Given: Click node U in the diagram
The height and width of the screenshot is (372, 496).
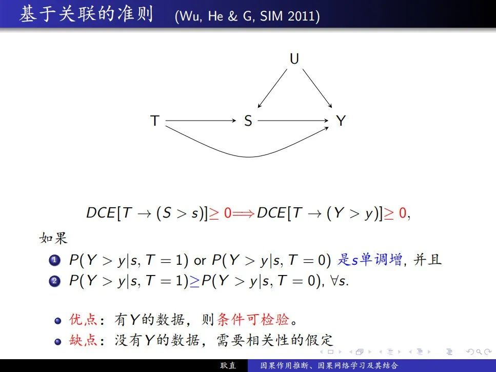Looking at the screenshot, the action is tap(294, 59).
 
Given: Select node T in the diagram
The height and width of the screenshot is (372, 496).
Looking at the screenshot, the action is tap(155, 121).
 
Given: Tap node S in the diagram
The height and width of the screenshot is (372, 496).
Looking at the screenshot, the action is tap(248, 121).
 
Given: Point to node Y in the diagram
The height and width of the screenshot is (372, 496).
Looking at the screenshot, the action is tap(341, 121).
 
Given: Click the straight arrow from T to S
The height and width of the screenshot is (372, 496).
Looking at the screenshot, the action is tap(201, 121).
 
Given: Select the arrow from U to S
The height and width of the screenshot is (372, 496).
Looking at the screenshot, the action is tap(272, 89).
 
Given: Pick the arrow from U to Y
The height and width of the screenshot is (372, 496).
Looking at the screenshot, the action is tap(318, 89).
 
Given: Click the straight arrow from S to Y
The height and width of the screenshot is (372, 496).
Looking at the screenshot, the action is tap(293, 121).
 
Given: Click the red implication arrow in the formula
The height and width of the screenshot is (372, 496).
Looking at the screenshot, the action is tap(243, 213).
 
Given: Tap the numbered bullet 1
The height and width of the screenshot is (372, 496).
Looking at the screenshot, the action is tap(54, 260).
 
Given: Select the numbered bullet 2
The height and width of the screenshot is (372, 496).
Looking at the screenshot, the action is tap(54, 281).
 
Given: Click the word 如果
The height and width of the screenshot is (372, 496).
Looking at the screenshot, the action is tap(53, 238).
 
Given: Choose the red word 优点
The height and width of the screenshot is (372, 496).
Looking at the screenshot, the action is tap(83, 320).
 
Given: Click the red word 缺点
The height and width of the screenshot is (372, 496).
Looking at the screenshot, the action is tap(83, 340).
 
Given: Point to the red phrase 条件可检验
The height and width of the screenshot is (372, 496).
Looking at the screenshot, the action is tap(253, 320).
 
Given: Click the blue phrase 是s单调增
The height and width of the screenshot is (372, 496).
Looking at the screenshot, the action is tap(370, 260).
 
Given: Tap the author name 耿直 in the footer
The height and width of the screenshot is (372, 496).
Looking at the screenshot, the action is tap(228, 366).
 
